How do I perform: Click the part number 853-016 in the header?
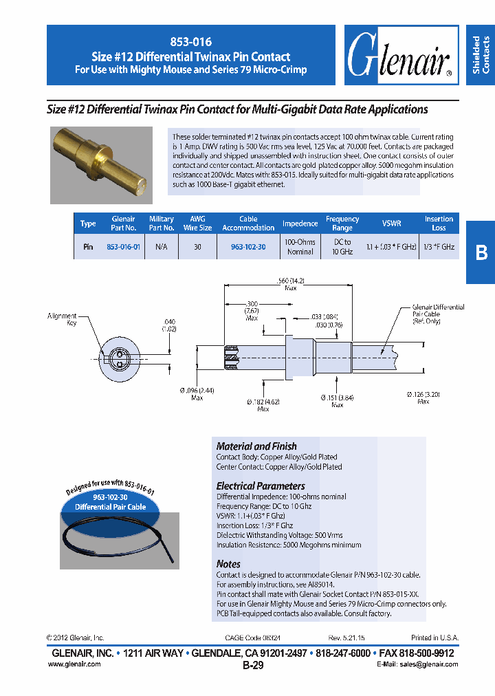tap(191, 43)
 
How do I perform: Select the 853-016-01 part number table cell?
tap(124, 247)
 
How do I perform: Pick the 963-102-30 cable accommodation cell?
tap(248, 247)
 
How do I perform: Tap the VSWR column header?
tap(391, 224)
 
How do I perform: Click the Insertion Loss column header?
tap(439, 224)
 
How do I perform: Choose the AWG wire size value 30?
tap(197, 247)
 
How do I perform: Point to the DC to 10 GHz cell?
tap(342, 247)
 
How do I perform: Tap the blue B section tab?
tap(481, 252)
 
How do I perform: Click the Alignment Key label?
tap(62, 319)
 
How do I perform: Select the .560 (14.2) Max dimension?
tap(290, 284)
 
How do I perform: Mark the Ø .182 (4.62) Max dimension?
tap(263, 404)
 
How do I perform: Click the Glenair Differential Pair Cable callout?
tap(438, 314)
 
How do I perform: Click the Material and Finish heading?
tap(256, 446)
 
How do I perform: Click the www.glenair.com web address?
tap(74, 664)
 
